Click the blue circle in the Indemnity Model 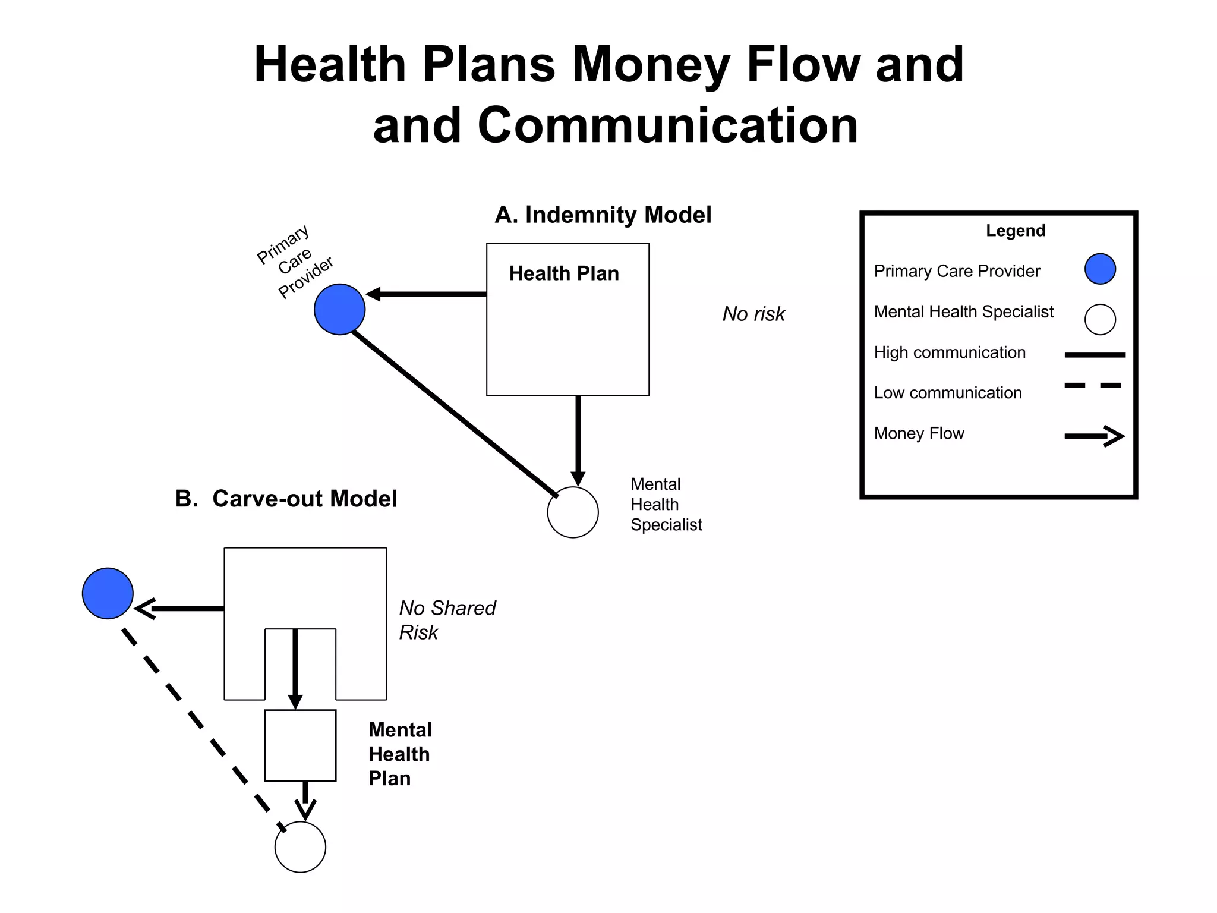[x=339, y=309]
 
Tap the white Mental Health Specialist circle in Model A [x=573, y=512]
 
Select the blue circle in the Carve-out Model [x=108, y=593]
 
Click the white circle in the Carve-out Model [x=300, y=847]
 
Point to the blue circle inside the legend [x=1100, y=269]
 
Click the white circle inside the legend [x=1100, y=320]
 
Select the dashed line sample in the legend [x=1093, y=386]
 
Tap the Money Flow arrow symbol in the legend [x=1094, y=436]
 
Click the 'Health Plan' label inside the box [x=564, y=273]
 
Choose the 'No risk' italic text [x=753, y=314]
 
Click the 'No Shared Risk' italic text [x=447, y=620]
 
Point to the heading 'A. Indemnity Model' [x=603, y=215]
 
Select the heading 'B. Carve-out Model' [x=286, y=499]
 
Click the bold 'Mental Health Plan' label [x=400, y=754]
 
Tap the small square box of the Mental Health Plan [x=300, y=745]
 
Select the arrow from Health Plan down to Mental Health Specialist [x=578, y=440]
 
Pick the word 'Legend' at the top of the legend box [x=1015, y=231]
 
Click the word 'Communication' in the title [x=668, y=125]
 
